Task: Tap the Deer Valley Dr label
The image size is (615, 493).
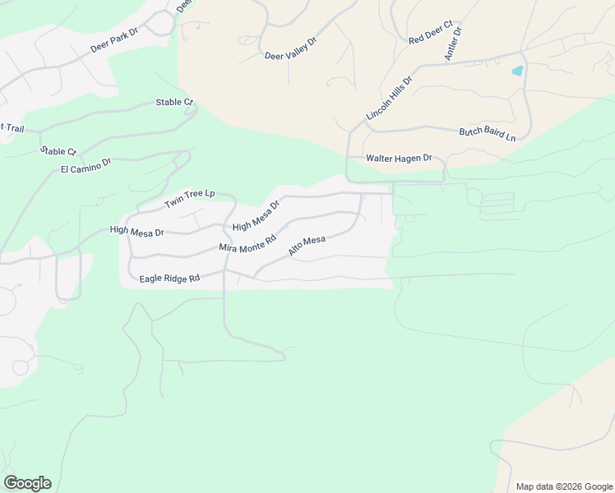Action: point(290,49)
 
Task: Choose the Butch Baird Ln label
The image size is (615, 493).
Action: point(487,134)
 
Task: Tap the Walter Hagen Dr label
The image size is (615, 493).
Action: point(399,158)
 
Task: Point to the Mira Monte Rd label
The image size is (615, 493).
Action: point(246,241)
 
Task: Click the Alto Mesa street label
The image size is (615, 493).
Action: point(307,245)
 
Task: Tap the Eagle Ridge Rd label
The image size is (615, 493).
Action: point(169,279)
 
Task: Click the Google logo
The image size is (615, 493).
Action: point(27,483)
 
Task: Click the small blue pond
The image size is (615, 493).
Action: point(517,71)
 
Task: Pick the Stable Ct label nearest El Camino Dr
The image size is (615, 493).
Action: point(58,151)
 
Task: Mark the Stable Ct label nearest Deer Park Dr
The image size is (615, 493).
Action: point(174,103)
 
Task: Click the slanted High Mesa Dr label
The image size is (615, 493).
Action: point(256,214)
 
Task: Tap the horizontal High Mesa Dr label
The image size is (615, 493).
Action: point(136,232)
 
